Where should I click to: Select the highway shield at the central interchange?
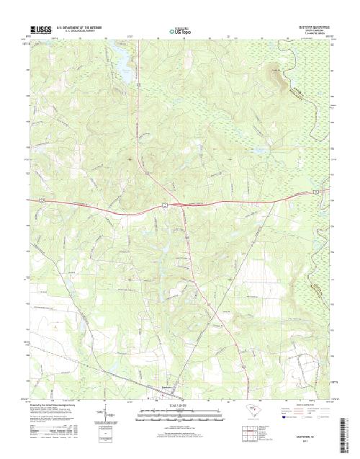click(166, 206)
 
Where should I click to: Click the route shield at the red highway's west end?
click(42, 196)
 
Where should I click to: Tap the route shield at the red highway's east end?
click(323, 191)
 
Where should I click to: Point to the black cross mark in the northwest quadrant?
click(130, 158)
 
